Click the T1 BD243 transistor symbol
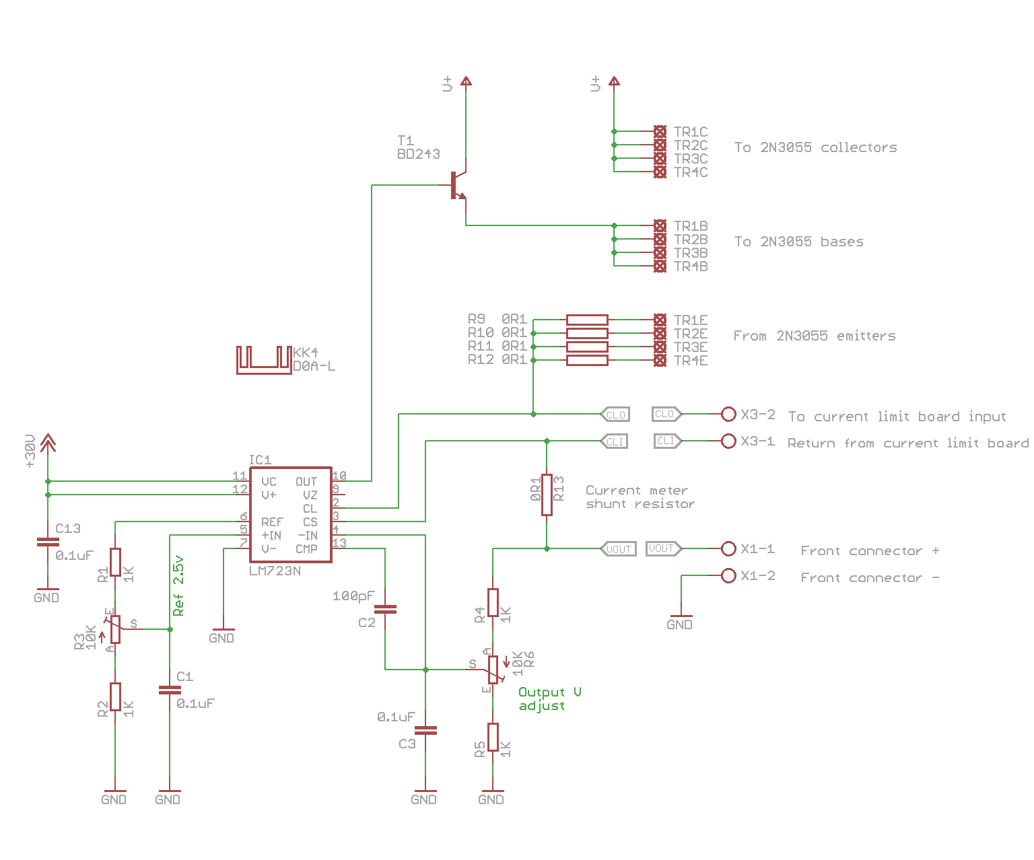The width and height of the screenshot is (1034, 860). tap(457, 185)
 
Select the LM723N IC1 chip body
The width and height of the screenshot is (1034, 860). tap(290, 515)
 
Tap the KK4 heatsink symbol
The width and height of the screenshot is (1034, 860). tap(264, 360)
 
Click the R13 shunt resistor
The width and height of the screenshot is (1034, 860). tap(547, 495)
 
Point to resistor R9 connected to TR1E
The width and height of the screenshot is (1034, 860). tap(587, 320)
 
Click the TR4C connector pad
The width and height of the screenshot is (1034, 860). tap(660, 172)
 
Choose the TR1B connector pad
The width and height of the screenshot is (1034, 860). tap(660, 225)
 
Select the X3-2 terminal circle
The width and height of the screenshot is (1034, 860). tap(728, 414)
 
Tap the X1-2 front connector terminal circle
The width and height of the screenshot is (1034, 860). tap(728, 576)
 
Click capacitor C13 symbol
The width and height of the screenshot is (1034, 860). tap(48, 541)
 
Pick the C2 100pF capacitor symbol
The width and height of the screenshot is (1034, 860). tap(385, 609)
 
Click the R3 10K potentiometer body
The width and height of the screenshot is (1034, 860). tap(115, 629)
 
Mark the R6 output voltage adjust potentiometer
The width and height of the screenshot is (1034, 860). tap(493, 670)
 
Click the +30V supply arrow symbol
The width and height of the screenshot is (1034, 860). tap(48, 443)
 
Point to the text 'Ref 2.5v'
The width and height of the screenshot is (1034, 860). tap(178, 585)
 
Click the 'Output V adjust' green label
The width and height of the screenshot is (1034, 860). tap(548, 698)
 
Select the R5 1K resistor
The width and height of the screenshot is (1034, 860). tap(493, 737)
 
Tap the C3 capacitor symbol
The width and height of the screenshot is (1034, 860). tap(425, 730)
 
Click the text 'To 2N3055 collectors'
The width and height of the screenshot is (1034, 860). tap(815, 147)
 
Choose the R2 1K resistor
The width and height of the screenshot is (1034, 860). tap(115, 696)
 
